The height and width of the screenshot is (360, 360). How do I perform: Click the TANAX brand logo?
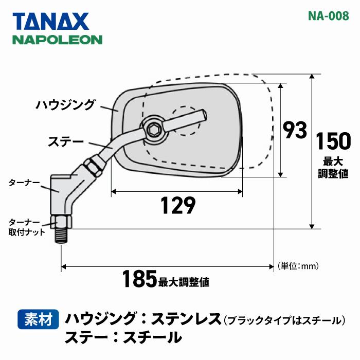[x=51, y=21]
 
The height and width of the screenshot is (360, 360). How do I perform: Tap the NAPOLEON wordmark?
[x=57, y=40]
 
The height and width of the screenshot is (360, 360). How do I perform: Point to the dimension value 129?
[x=177, y=206]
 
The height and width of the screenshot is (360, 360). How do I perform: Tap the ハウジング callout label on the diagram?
[x=65, y=105]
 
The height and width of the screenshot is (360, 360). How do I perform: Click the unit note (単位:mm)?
[x=299, y=266]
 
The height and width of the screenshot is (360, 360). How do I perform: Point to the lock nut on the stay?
[x=90, y=166]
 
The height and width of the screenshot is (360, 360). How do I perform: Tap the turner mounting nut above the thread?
[x=61, y=222]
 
